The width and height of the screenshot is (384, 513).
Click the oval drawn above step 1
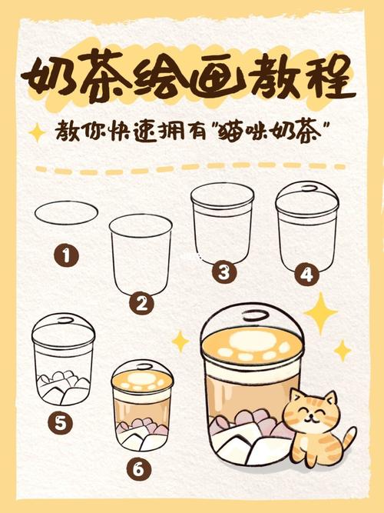pos(67,213)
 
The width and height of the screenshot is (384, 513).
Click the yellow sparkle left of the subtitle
pos(36,133)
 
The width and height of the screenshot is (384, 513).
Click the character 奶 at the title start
pos(51,75)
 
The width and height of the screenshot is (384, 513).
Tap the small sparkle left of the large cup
pos(180,340)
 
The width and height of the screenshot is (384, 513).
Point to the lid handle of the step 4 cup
pos(307,186)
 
